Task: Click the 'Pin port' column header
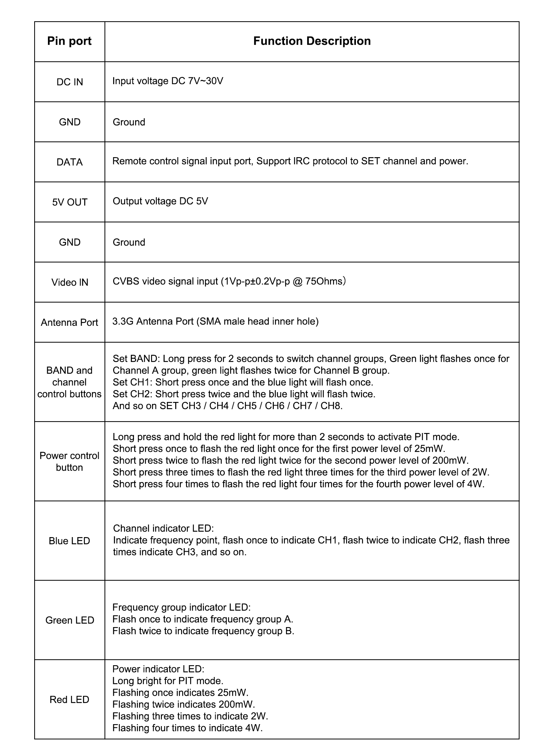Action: click(69, 41)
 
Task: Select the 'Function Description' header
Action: click(312, 41)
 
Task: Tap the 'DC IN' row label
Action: click(70, 82)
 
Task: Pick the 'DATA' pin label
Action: click(70, 162)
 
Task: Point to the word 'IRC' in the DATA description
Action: click(302, 161)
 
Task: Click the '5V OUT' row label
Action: click(70, 202)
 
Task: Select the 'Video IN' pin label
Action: click(70, 283)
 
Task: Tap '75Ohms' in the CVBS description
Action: click(324, 282)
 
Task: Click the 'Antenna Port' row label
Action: click(70, 323)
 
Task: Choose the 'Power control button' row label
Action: click(70, 462)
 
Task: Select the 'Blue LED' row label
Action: click(70, 541)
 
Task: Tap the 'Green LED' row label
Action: click(70, 620)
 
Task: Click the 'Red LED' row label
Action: click(70, 700)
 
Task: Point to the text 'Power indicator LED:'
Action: click(158, 669)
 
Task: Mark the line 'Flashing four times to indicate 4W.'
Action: click(187, 728)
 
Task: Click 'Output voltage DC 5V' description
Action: click(160, 202)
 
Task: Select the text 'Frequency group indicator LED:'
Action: click(181, 607)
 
